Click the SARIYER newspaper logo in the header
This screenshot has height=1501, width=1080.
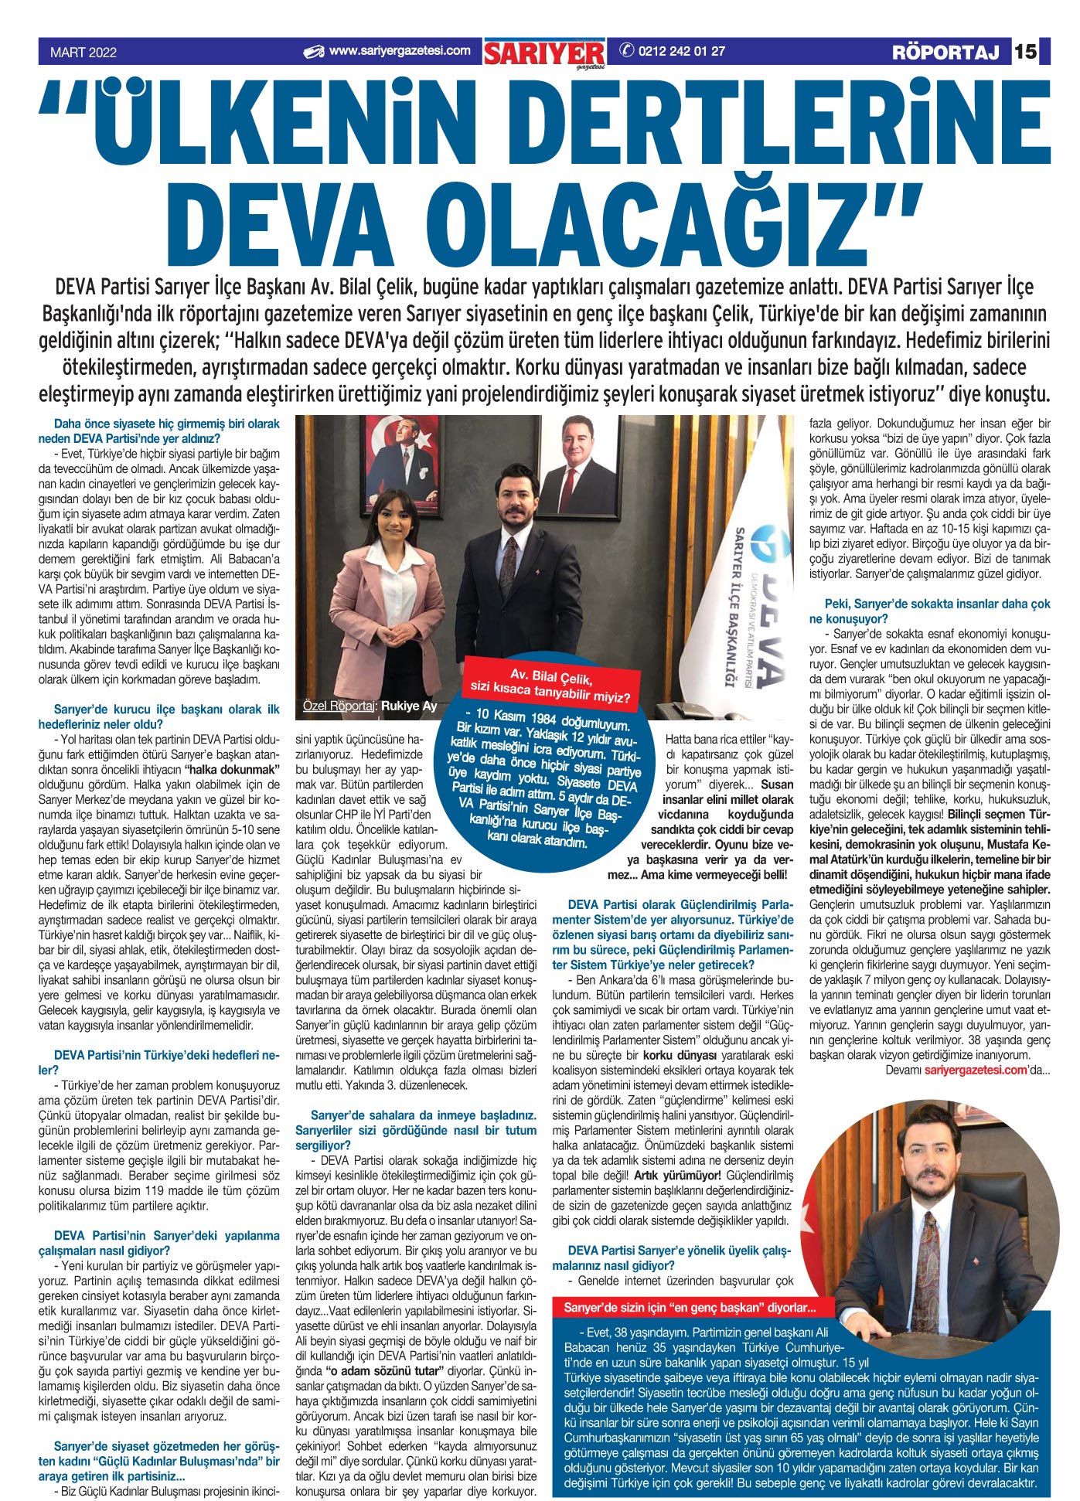(544, 53)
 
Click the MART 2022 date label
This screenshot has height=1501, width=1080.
(83, 53)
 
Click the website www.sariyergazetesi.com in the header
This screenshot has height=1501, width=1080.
(399, 51)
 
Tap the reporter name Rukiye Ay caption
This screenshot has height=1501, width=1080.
(409, 705)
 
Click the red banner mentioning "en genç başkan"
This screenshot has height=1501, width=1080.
(689, 1308)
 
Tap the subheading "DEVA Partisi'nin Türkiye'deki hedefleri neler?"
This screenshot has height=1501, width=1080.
(158, 1062)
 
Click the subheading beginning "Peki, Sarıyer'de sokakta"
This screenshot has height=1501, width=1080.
(929, 611)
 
